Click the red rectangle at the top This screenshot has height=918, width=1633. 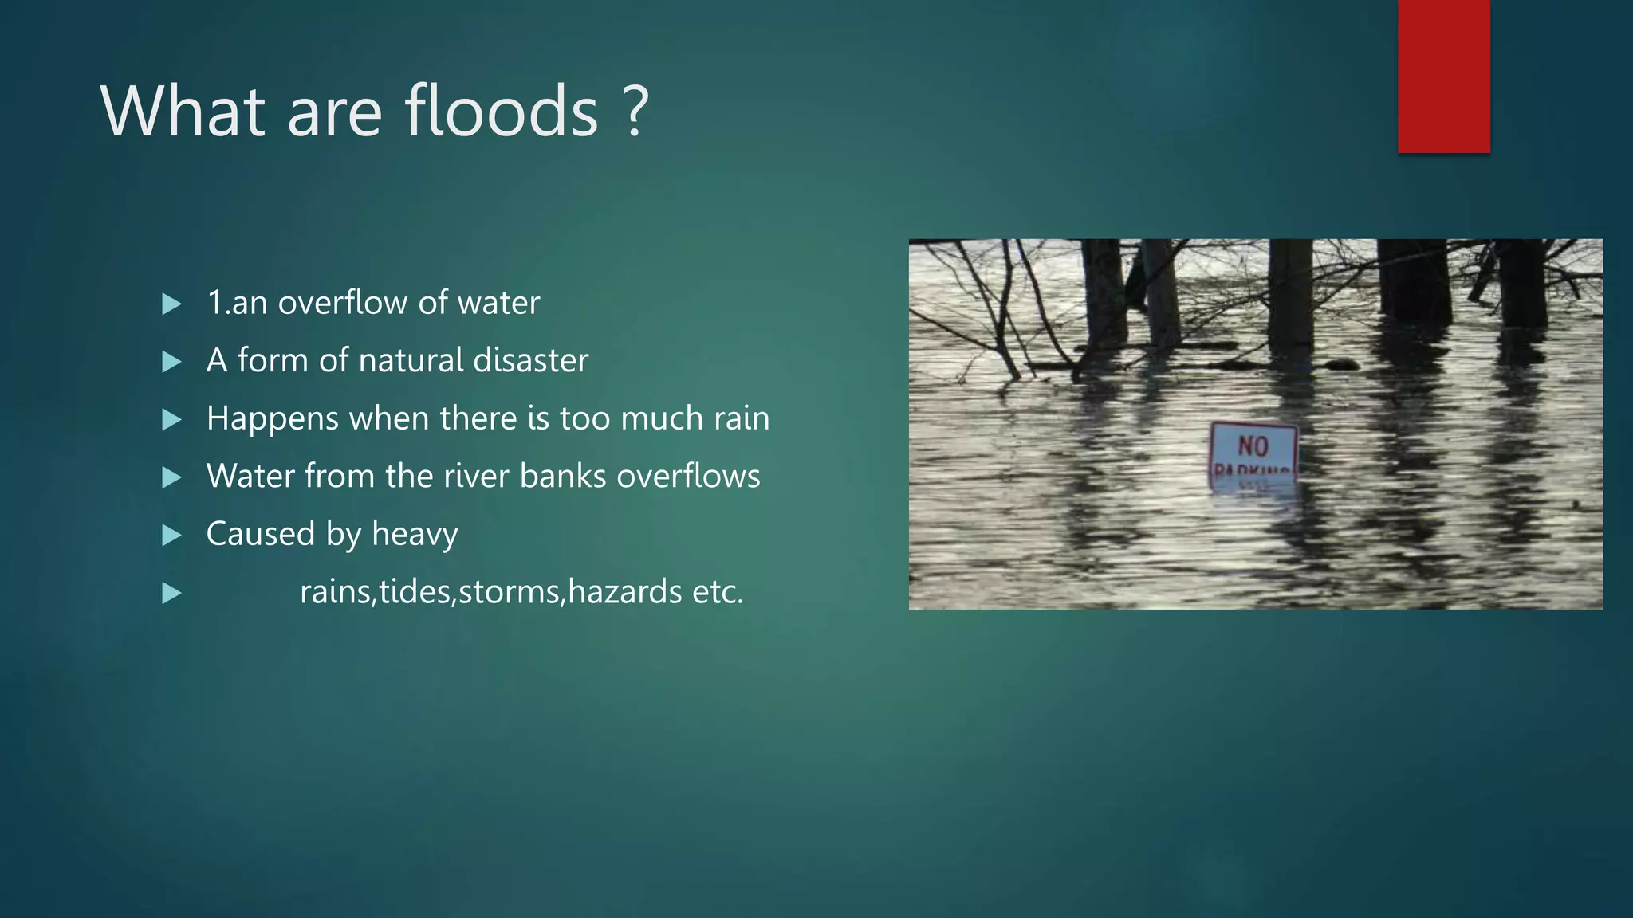pyautogui.click(x=1443, y=76)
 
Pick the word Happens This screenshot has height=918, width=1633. pyautogui.click(x=272, y=419)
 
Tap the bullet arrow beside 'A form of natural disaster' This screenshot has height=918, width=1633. pyautogui.click(x=171, y=363)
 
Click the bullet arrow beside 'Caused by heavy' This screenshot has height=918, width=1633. pyautogui.click(x=171, y=535)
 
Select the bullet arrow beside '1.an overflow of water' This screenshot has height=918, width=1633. pyautogui.click(x=171, y=304)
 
